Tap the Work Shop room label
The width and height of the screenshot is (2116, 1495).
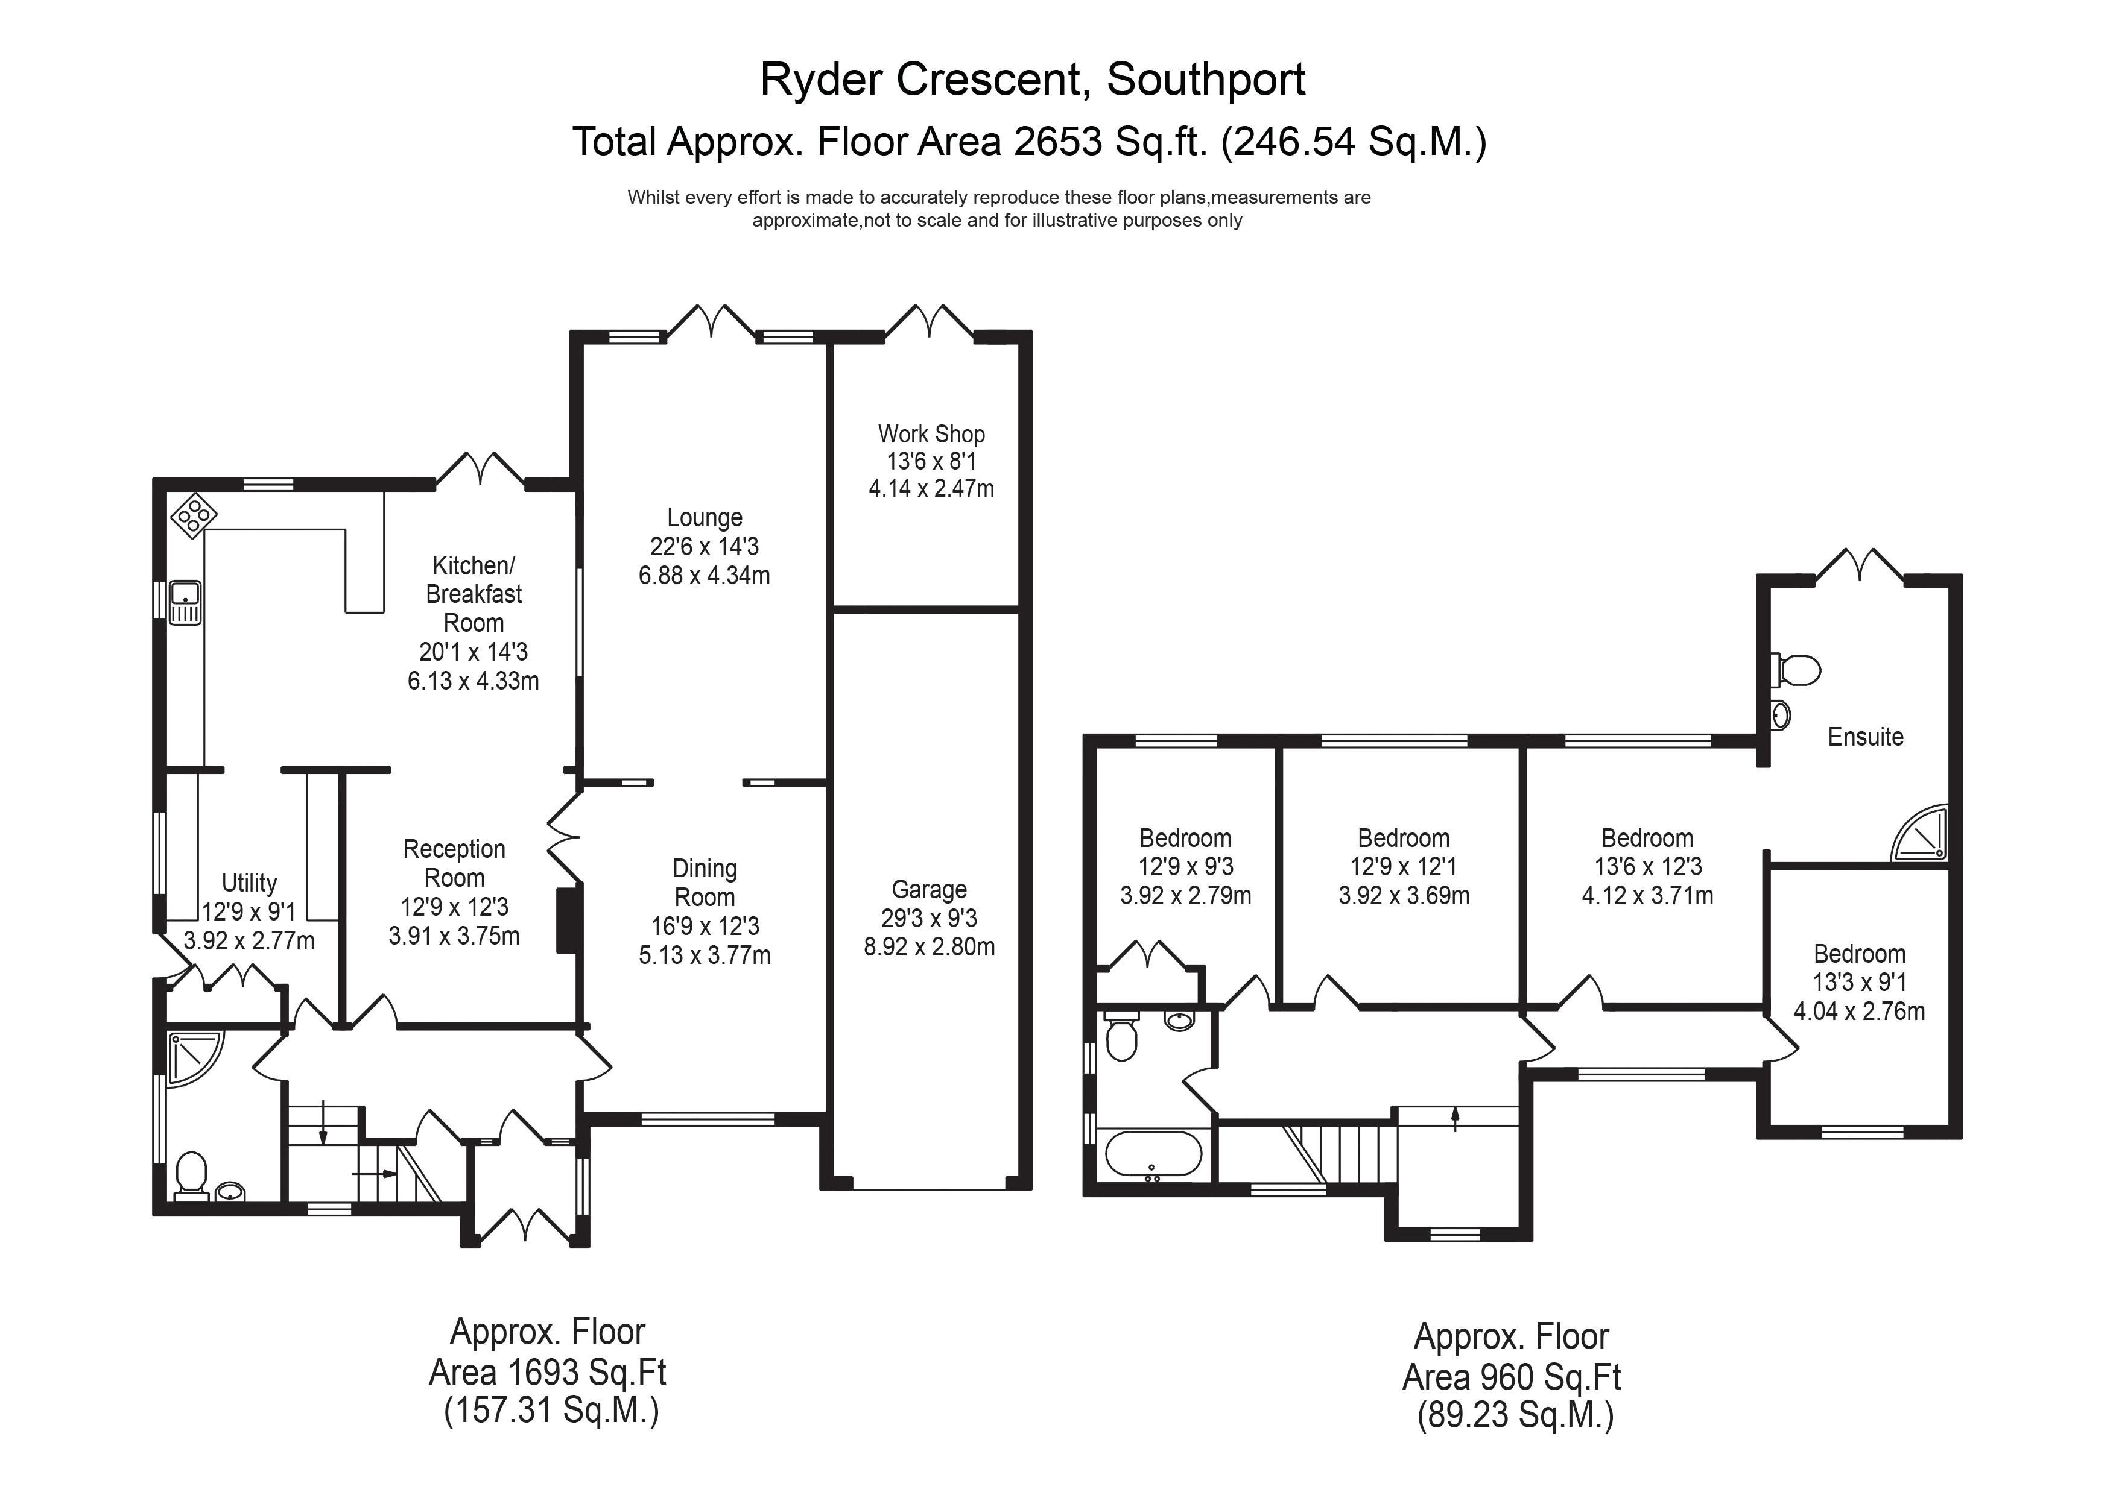(931, 434)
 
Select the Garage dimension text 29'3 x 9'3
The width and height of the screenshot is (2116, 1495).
(929, 918)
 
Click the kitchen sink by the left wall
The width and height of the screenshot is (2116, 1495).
(185, 602)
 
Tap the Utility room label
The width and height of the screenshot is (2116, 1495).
(249, 883)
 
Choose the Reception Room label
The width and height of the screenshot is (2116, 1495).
(454, 863)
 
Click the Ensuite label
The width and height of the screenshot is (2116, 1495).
(1865, 737)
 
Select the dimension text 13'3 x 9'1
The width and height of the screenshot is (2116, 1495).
(1859, 983)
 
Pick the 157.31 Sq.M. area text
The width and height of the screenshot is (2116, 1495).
(551, 1412)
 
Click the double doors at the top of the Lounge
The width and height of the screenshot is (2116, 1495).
(711, 323)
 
